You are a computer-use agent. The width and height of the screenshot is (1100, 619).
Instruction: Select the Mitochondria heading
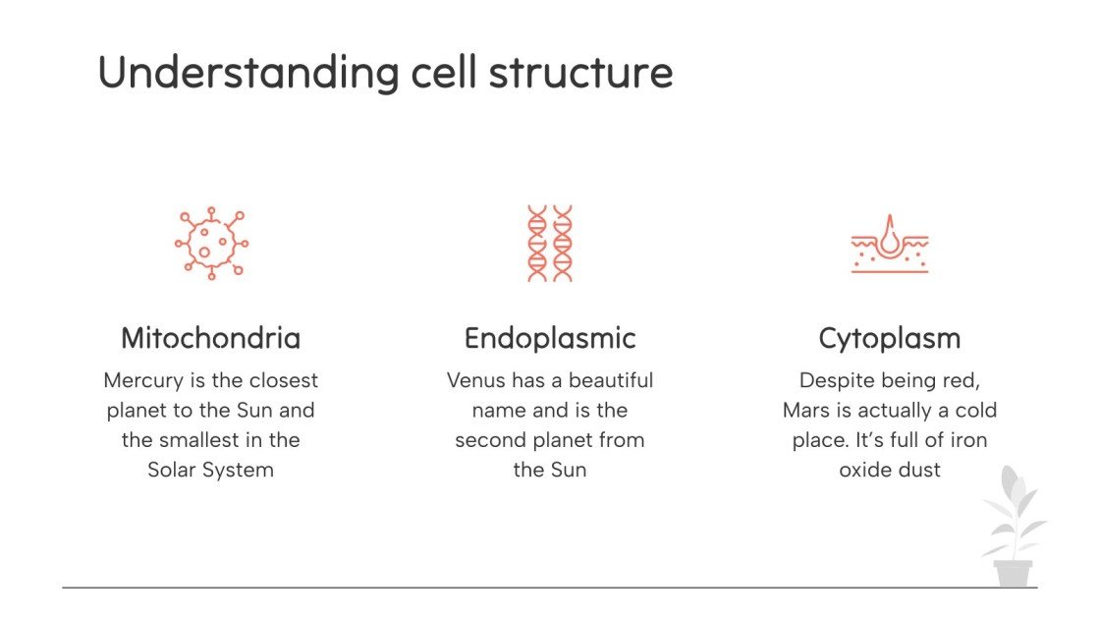(210, 338)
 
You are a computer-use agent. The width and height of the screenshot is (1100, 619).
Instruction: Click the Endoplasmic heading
(550, 338)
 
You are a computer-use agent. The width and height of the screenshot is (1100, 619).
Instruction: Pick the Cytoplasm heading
(890, 338)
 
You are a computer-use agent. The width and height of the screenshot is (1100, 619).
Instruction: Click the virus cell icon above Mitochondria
(210, 244)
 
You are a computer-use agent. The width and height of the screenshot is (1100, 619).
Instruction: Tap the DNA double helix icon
(550, 244)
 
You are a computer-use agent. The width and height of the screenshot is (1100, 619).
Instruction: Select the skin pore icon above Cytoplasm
(890, 244)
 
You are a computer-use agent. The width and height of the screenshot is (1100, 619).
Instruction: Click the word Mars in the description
(808, 410)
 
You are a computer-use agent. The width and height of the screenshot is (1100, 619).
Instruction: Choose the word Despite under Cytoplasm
(836, 380)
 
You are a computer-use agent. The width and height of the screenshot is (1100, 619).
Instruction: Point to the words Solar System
(210, 470)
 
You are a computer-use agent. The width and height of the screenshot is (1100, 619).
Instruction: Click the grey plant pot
(1013, 572)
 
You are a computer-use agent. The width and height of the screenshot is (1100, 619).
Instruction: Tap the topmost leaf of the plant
(1009, 481)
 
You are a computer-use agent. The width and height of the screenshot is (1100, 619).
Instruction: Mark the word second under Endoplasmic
(487, 439)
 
